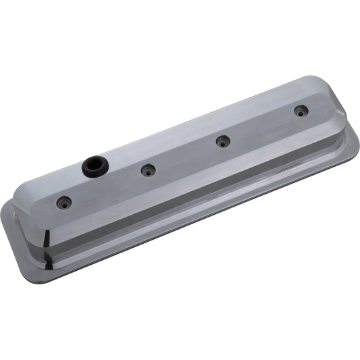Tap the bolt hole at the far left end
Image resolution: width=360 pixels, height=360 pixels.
click(64, 201)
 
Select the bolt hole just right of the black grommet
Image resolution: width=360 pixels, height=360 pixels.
click(148, 170)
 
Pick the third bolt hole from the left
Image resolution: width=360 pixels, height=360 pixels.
click(222, 141)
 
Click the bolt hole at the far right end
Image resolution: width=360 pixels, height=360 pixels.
click(299, 111)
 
